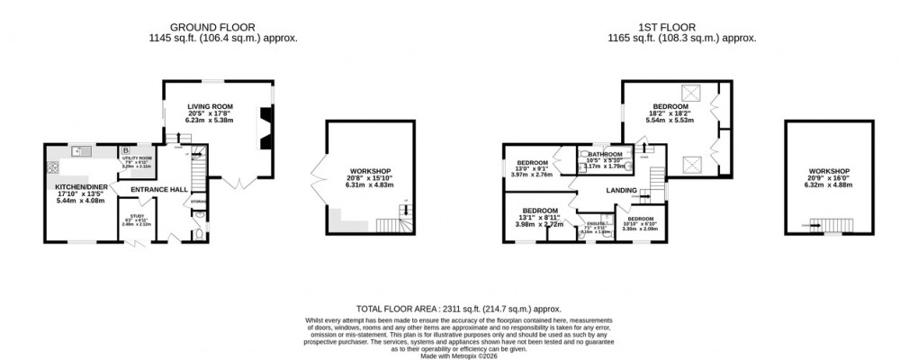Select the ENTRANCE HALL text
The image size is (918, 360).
[x=159, y=189]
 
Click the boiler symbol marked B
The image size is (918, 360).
[x=125, y=151]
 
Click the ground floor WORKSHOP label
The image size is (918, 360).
[x=369, y=171]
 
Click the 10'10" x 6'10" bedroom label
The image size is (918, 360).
[x=641, y=223]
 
